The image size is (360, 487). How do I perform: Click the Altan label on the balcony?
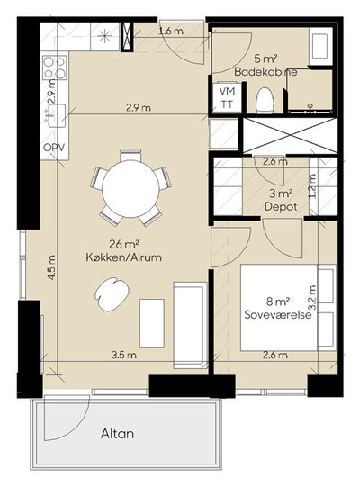pyautogui.click(x=117, y=434)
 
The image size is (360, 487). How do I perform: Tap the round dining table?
pyautogui.click(x=130, y=189)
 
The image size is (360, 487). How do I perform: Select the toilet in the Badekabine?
pyautogui.click(x=265, y=100)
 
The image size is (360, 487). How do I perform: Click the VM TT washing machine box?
pyautogui.click(x=228, y=97)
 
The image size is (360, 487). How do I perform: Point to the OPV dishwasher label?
pyautogui.click(x=54, y=147)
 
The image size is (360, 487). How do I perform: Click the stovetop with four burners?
pyautogui.click(x=55, y=68)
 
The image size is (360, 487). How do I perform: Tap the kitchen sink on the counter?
pyautogui.click(x=56, y=115)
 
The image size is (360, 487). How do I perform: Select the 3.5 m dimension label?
pyautogui.click(x=124, y=355)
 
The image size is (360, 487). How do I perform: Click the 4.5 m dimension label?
pyautogui.click(x=51, y=267)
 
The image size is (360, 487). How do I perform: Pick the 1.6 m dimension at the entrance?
pyautogui.click(x=171, y=31)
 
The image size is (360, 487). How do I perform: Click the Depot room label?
pyautogui.click(x=281, y=207)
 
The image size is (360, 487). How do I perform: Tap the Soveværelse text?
pyautogui.click(x=278, y=314)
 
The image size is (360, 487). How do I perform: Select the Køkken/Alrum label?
pyautogui.click(x=123, y=257)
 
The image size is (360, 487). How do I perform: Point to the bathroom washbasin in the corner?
pyautogui.click(x=319, y=46)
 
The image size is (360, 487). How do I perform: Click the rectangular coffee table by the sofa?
pyautogui.click(x=152, y=323)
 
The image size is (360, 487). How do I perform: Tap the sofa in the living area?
pyautogui.click(x=191, y=325)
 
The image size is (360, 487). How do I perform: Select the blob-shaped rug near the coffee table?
pyautogui.click(x=112, y=293)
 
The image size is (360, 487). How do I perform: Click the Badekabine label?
pyautogui.click(x=265, y=72)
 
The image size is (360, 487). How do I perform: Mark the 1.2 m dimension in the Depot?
pyautogui.click(x=312, y=186)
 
